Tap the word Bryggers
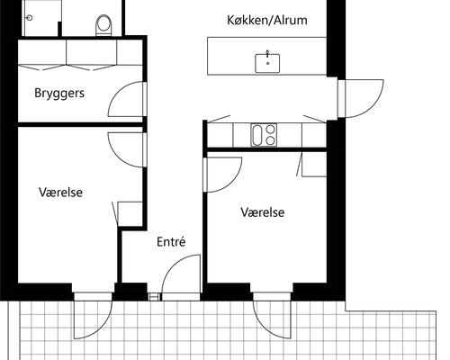59,93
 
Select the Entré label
171,241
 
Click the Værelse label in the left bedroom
60,192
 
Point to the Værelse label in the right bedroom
263,212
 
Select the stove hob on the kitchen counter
263,136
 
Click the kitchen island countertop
234,57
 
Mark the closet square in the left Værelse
130,212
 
